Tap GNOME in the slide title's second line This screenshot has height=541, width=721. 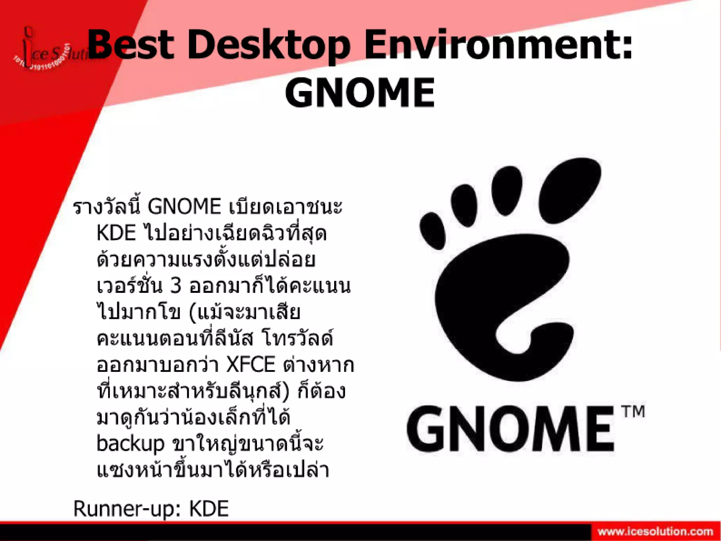360,92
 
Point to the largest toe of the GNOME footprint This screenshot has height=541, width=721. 570,190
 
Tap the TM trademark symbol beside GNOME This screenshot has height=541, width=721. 633,412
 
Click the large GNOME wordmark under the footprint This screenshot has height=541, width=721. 510,428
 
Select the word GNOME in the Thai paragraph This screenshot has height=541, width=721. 184,207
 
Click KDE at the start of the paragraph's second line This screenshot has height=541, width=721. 116,233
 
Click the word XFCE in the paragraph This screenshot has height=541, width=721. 250,365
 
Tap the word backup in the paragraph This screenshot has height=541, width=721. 130,444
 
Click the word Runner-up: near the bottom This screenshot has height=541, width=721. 127,509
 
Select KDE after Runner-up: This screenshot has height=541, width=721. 209,509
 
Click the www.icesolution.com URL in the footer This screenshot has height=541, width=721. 655,531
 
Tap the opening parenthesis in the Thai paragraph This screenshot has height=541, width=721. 193,313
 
